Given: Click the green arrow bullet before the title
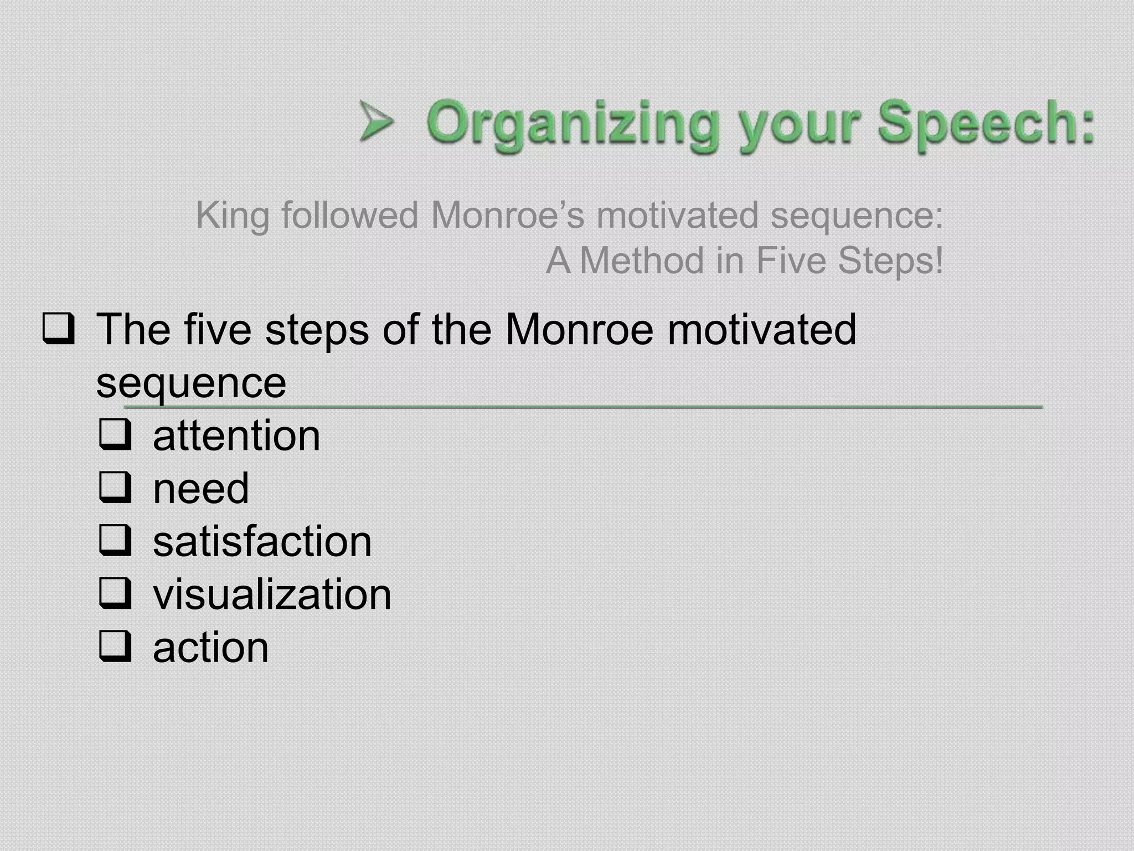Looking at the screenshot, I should click(376, 121).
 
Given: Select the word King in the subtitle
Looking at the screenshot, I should click(232, 216).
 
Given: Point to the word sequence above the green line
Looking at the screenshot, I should click(191, 383).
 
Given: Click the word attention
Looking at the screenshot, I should click(236, 436).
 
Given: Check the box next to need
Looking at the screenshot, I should click(115, 488).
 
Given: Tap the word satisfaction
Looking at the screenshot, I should click(262, 542).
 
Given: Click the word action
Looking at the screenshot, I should click(210, 648).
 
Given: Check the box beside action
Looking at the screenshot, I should click(115, 647).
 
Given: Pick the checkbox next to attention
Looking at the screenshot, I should click(115, 435).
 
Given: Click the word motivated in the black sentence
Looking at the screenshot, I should click(761, 329).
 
